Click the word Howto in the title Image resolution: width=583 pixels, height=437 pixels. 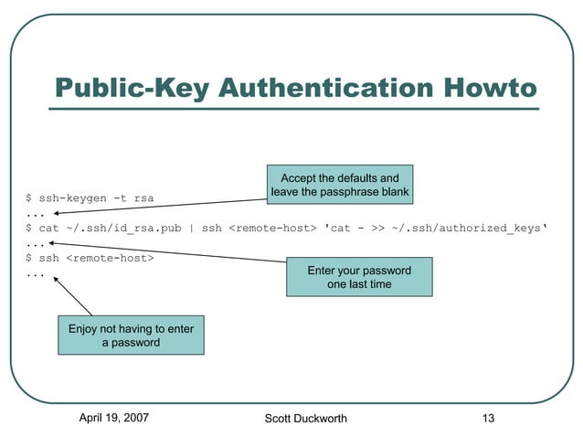[485, 88]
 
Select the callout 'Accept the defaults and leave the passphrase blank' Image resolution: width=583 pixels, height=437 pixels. [339, 185]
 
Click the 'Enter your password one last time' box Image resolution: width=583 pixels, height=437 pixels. [359, 278]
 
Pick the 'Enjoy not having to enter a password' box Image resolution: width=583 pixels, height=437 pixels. [131, 336]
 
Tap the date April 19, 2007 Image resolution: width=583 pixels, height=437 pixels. [114, 418]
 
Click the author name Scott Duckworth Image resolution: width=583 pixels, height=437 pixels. [305, 419]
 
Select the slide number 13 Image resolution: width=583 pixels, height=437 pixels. [488, 418]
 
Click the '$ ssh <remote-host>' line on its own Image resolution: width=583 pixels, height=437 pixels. [90, 258]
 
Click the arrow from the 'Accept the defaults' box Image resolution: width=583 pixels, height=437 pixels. [155, 206]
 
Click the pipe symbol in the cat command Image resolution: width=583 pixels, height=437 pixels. [192, 228]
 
